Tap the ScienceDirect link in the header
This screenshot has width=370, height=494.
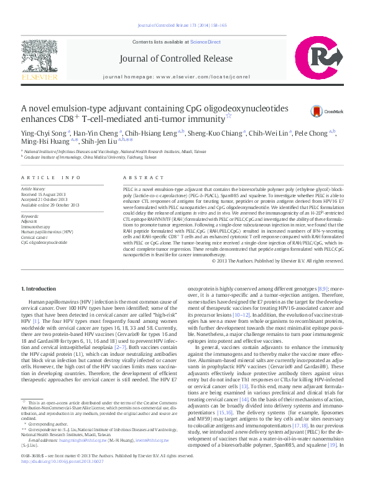coord(205,42)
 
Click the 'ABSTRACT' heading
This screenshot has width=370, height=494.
coord(139,177)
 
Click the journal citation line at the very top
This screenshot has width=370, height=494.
coord(185,26)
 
